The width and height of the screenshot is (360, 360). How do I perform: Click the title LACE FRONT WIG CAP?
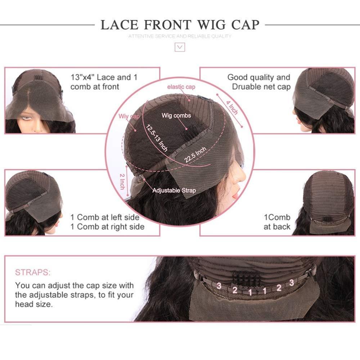pos(180,24)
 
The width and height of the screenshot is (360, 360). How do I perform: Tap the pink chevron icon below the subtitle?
pos(180,47)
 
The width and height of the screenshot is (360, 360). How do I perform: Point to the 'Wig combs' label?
pos(176,116)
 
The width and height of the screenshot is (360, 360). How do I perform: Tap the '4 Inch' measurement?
pos(232,108)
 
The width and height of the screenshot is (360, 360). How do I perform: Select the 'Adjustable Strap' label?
pos(174,190)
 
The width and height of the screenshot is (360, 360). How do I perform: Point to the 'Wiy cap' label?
pos(129,116)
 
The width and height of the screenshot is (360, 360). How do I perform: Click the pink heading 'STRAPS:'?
pos(33,272)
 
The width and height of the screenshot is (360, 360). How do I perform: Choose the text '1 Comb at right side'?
pos(107,227)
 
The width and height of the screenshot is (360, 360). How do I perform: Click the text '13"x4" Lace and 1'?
pos(104,77)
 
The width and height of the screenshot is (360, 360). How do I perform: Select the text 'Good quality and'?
pos(258,77)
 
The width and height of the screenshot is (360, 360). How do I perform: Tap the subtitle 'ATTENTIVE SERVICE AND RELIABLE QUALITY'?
pos(180,36)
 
